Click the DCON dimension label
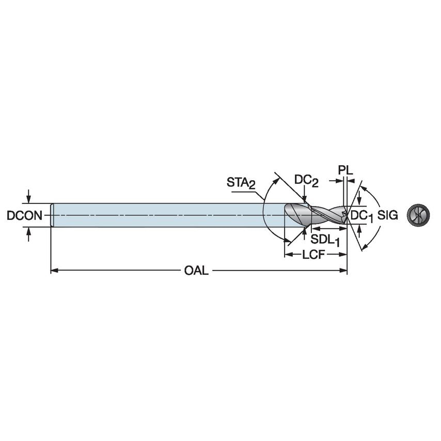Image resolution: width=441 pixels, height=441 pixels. coord(24,215)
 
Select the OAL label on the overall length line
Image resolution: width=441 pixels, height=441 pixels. coord(197,271)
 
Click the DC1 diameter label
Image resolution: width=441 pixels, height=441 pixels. coord(362,216)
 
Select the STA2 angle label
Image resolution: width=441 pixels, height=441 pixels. coord(241,183)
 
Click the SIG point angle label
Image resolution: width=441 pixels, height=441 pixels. coord(388,215)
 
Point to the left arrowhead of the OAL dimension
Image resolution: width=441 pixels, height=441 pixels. coord(54,270)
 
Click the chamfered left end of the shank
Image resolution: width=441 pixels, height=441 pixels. coord(52,215)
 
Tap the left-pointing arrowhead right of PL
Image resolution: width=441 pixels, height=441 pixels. coord(351,181)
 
